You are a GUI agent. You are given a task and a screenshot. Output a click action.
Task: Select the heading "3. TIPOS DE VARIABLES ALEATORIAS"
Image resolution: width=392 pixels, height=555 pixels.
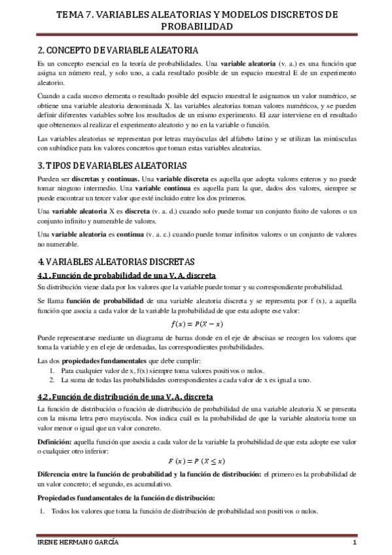113,165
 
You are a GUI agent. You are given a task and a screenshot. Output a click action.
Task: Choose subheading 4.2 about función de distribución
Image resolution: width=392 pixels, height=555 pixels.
126,397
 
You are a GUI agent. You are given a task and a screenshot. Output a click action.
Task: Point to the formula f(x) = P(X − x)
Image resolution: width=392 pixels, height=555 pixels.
196,324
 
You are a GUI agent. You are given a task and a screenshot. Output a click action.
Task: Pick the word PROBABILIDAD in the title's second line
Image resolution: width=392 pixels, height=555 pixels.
196,26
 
